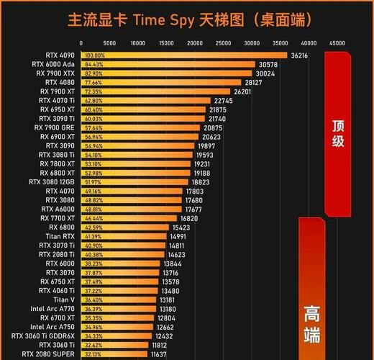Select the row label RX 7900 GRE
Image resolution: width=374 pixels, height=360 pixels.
[x=55, y=127]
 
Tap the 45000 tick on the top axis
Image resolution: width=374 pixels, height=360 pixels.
[x=337, y=43]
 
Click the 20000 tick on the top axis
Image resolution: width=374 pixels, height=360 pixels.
[x=196, y=43]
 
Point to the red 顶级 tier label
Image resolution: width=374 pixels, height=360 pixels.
[x=338, y=132]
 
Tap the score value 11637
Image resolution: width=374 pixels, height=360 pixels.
[x=158, y=354]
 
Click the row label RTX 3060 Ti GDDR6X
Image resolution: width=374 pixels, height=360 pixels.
[x=43, y=336]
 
